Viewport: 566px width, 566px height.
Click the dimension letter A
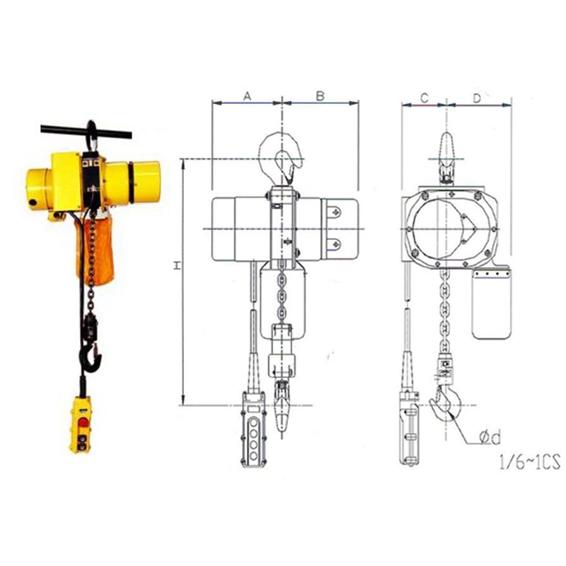click(247, 96)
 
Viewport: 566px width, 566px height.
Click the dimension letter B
click(320, 96)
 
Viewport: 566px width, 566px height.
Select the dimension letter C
click(424, 98)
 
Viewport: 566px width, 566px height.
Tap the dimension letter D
click(477, 98)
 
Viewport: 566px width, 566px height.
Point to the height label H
click(178, 266)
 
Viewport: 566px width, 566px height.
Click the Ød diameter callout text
click(490, 437)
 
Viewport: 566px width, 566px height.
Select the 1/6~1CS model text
click(529, 462)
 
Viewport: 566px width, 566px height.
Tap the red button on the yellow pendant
click(83, 422)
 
